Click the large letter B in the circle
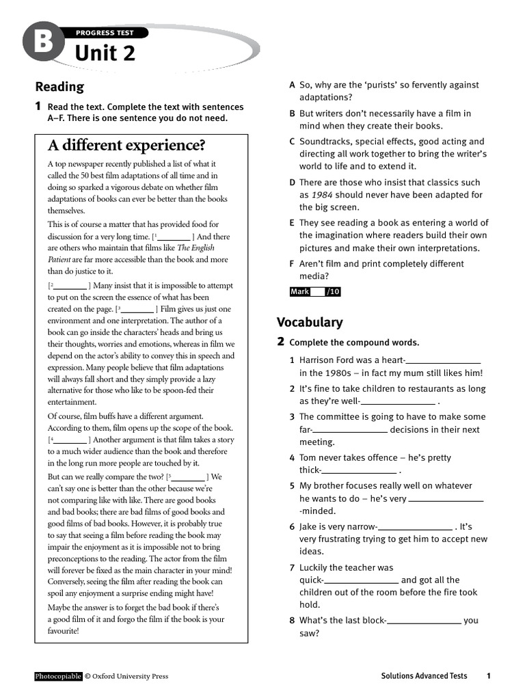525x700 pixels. coord(39,44)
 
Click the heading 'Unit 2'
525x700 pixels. coord(105,53)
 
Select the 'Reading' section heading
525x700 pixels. coord(59,87)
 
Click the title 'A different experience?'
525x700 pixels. coord(126,146)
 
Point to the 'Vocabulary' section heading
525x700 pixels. coord(310,322)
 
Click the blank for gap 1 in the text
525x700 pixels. coord(174,237)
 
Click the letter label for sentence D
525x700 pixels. coord(292,183)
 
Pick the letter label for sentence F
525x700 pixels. coord(292,264)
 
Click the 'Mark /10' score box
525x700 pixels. coord(314,292)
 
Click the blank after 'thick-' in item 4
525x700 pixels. coord(359,471)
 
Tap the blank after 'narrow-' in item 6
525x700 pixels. coord(415,528)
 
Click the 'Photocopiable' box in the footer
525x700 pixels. coord(58,676)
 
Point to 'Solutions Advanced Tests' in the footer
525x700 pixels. coord(424,676)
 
